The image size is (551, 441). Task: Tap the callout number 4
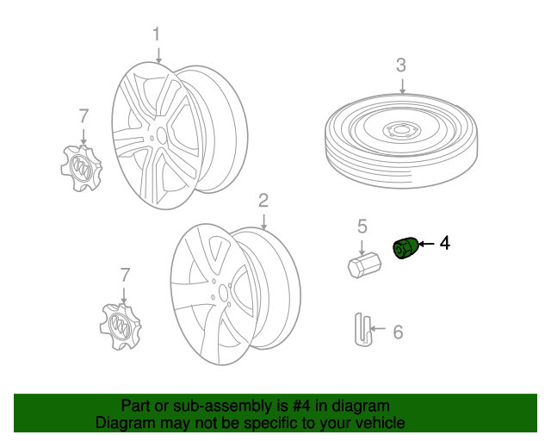[x=444, y=244]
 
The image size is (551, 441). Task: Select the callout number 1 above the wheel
[x=157, y=34]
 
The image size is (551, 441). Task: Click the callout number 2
[x=263, y=201]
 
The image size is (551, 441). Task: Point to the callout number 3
[x=401, y=65]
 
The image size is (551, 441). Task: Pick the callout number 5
[x=362, y=227]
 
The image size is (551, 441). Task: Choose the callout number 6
[x=397, y=332]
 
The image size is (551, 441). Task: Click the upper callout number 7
[x=84, y=115]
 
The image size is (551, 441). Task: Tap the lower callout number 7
[x=126, y=275]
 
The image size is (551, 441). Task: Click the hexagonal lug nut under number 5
[x=362, y=263]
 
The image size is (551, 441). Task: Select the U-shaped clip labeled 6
[x=362, y=330]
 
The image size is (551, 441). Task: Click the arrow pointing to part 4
[x=426, y=245]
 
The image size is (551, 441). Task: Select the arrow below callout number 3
[x=402, y=85]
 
